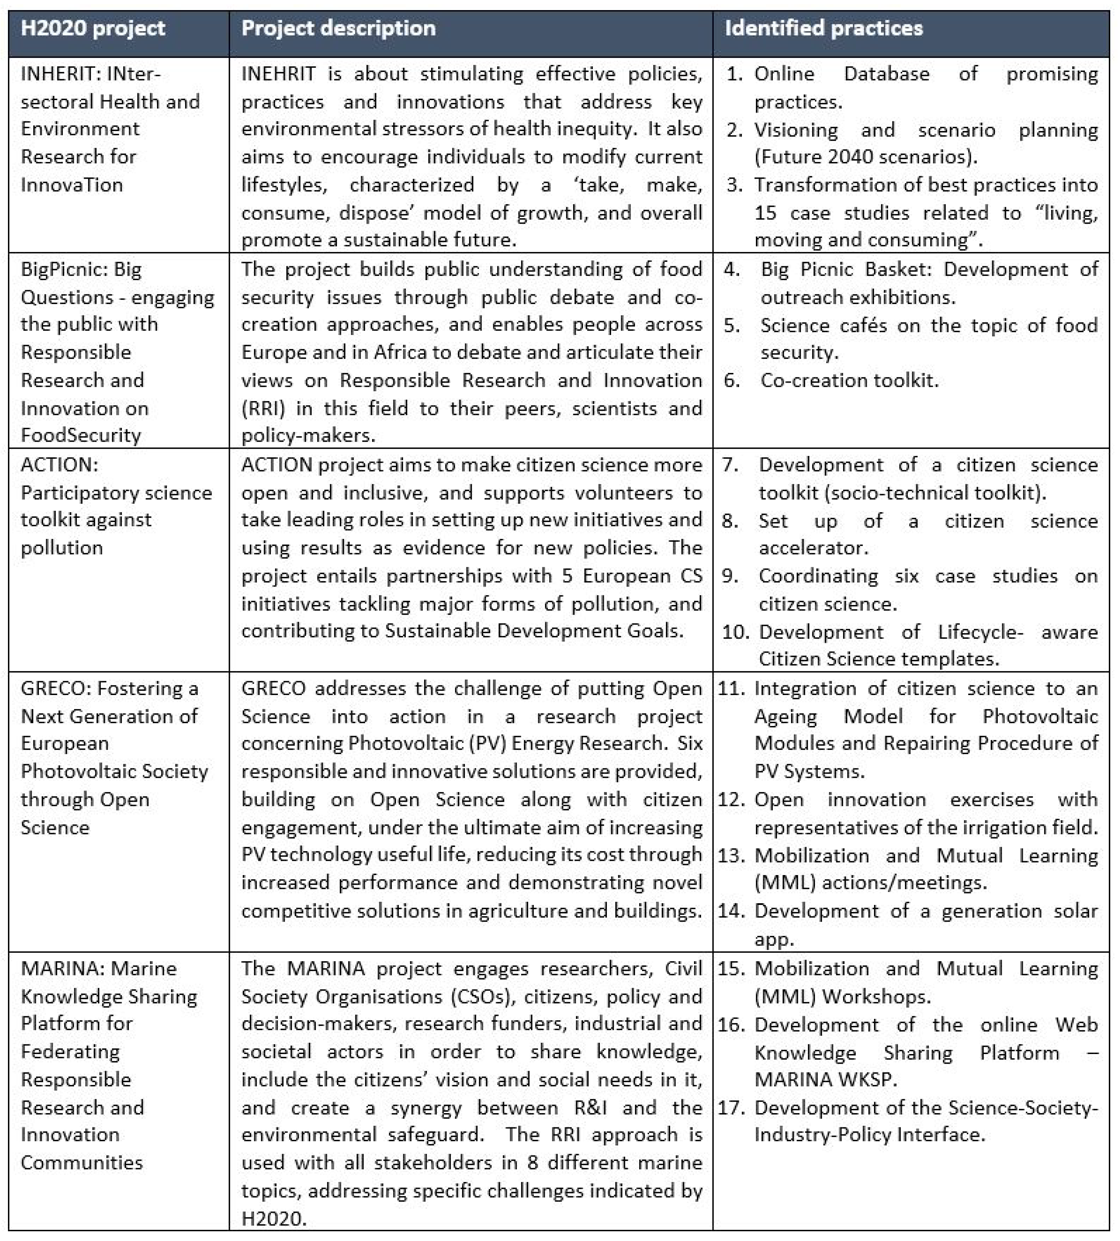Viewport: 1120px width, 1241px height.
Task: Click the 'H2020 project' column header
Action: tap(93, 28)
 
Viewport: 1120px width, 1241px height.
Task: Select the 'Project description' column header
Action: tap(338, 28)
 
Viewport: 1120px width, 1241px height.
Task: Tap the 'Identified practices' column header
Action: tap(823, 28)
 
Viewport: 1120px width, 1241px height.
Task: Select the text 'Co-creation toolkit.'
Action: tap(849, 381)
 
